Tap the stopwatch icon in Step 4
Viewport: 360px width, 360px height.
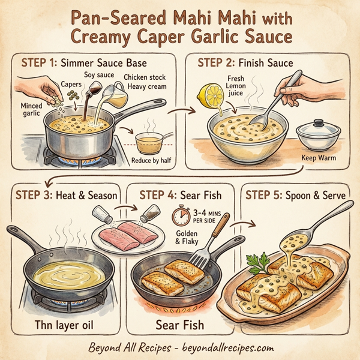(179, 216)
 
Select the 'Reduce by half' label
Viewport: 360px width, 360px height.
(150, 161)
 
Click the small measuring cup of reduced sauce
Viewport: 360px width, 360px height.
(151, 143)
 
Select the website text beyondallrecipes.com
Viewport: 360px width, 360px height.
(224, 348)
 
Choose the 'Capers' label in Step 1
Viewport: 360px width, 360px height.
(70, 85)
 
